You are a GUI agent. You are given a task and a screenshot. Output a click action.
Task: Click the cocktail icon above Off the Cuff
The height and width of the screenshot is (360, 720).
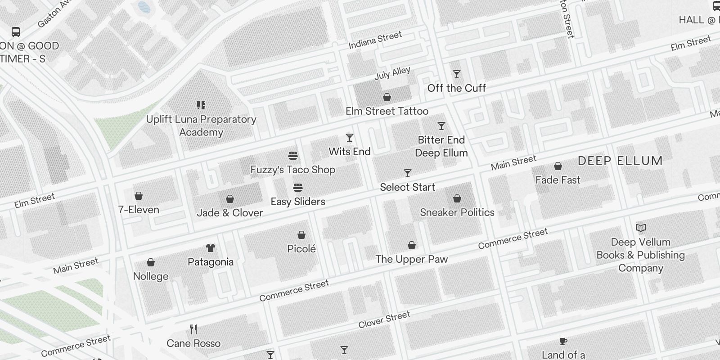457,74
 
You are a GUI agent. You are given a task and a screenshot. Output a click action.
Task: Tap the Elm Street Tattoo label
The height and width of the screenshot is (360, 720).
387,111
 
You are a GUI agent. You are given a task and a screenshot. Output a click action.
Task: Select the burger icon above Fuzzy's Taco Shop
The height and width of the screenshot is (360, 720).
293,156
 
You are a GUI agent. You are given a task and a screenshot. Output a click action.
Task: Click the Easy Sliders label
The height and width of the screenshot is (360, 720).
297,202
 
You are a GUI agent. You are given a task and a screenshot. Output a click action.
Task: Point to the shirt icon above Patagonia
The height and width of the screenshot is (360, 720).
210,248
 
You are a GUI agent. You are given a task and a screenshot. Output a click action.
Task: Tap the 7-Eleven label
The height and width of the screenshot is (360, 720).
139,210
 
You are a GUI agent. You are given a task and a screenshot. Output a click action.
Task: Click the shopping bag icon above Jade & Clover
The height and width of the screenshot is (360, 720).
230,199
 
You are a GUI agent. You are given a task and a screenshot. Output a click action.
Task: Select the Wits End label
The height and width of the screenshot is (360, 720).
350,152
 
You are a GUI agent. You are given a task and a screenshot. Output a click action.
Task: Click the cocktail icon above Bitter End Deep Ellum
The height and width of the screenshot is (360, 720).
441,126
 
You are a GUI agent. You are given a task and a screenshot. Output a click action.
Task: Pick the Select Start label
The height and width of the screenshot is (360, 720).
407,187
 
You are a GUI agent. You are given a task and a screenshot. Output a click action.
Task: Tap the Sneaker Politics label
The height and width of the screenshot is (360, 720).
457,212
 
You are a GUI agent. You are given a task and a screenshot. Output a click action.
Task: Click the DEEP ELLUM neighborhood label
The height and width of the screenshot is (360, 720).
620,161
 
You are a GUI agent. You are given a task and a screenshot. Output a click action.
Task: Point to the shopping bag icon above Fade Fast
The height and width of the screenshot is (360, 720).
558,166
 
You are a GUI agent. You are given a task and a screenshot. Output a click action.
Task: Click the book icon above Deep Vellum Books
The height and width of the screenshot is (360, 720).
641,228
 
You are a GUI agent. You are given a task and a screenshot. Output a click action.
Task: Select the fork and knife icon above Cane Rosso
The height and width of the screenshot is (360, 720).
193,329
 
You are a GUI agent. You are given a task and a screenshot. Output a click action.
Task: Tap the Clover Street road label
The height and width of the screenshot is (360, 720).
384,319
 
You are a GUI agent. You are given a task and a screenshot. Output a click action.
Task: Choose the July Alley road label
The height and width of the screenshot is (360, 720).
392,73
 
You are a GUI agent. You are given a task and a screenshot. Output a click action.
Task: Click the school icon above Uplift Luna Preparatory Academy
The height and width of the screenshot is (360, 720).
201,105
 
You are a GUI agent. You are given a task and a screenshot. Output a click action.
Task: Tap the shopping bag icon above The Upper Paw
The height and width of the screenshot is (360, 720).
412,245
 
